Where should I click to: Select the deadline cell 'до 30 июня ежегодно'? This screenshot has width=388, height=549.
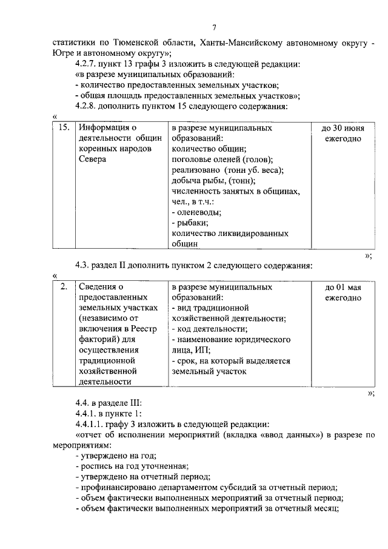[343, 133]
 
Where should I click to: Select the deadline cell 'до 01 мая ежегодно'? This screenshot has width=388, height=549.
[343, 292]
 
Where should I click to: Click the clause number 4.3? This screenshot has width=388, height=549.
[83, 265]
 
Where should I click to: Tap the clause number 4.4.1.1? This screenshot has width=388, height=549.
[92, 424]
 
